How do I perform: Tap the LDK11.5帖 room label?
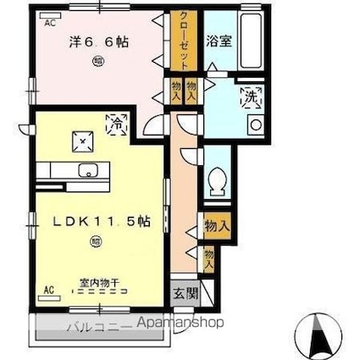[x=102, y=221]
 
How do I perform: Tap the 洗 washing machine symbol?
[x=252, y=98]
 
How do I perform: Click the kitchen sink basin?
[x=87, y=171]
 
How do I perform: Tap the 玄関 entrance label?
[x=185, y=294]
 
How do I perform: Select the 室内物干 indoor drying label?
[x=99, y=283]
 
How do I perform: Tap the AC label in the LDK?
[x=47, y=290]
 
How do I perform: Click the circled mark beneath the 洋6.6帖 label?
[x=99, y=60]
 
